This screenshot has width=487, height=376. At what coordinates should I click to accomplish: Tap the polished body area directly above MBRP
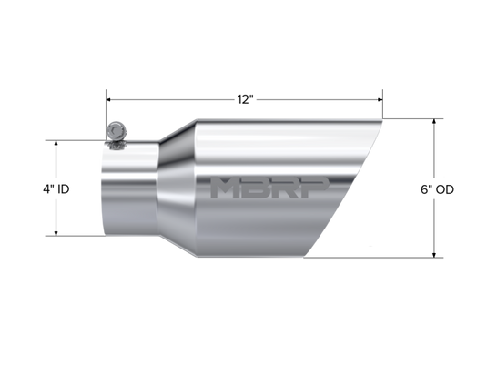[x=273, y=150]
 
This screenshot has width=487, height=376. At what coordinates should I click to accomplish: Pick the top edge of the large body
[x=273, y=118]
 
